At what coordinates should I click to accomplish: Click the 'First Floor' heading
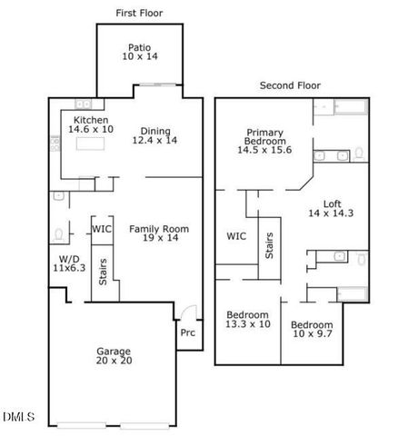point(139,12)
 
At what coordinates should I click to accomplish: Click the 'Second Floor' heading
point(290,86)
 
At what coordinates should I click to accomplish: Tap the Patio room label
point(139,51)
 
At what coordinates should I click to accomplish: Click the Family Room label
point(158,233)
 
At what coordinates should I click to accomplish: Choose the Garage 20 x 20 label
point(114,357)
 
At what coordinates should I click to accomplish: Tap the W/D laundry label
point(68,264)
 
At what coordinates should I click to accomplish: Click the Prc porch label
point(187,333)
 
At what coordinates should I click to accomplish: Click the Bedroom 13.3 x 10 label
point(248,320)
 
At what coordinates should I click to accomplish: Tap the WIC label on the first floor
point(101,229)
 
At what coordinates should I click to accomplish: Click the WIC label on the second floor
point(236,236)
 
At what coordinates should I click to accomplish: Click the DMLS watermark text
point(18,417)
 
